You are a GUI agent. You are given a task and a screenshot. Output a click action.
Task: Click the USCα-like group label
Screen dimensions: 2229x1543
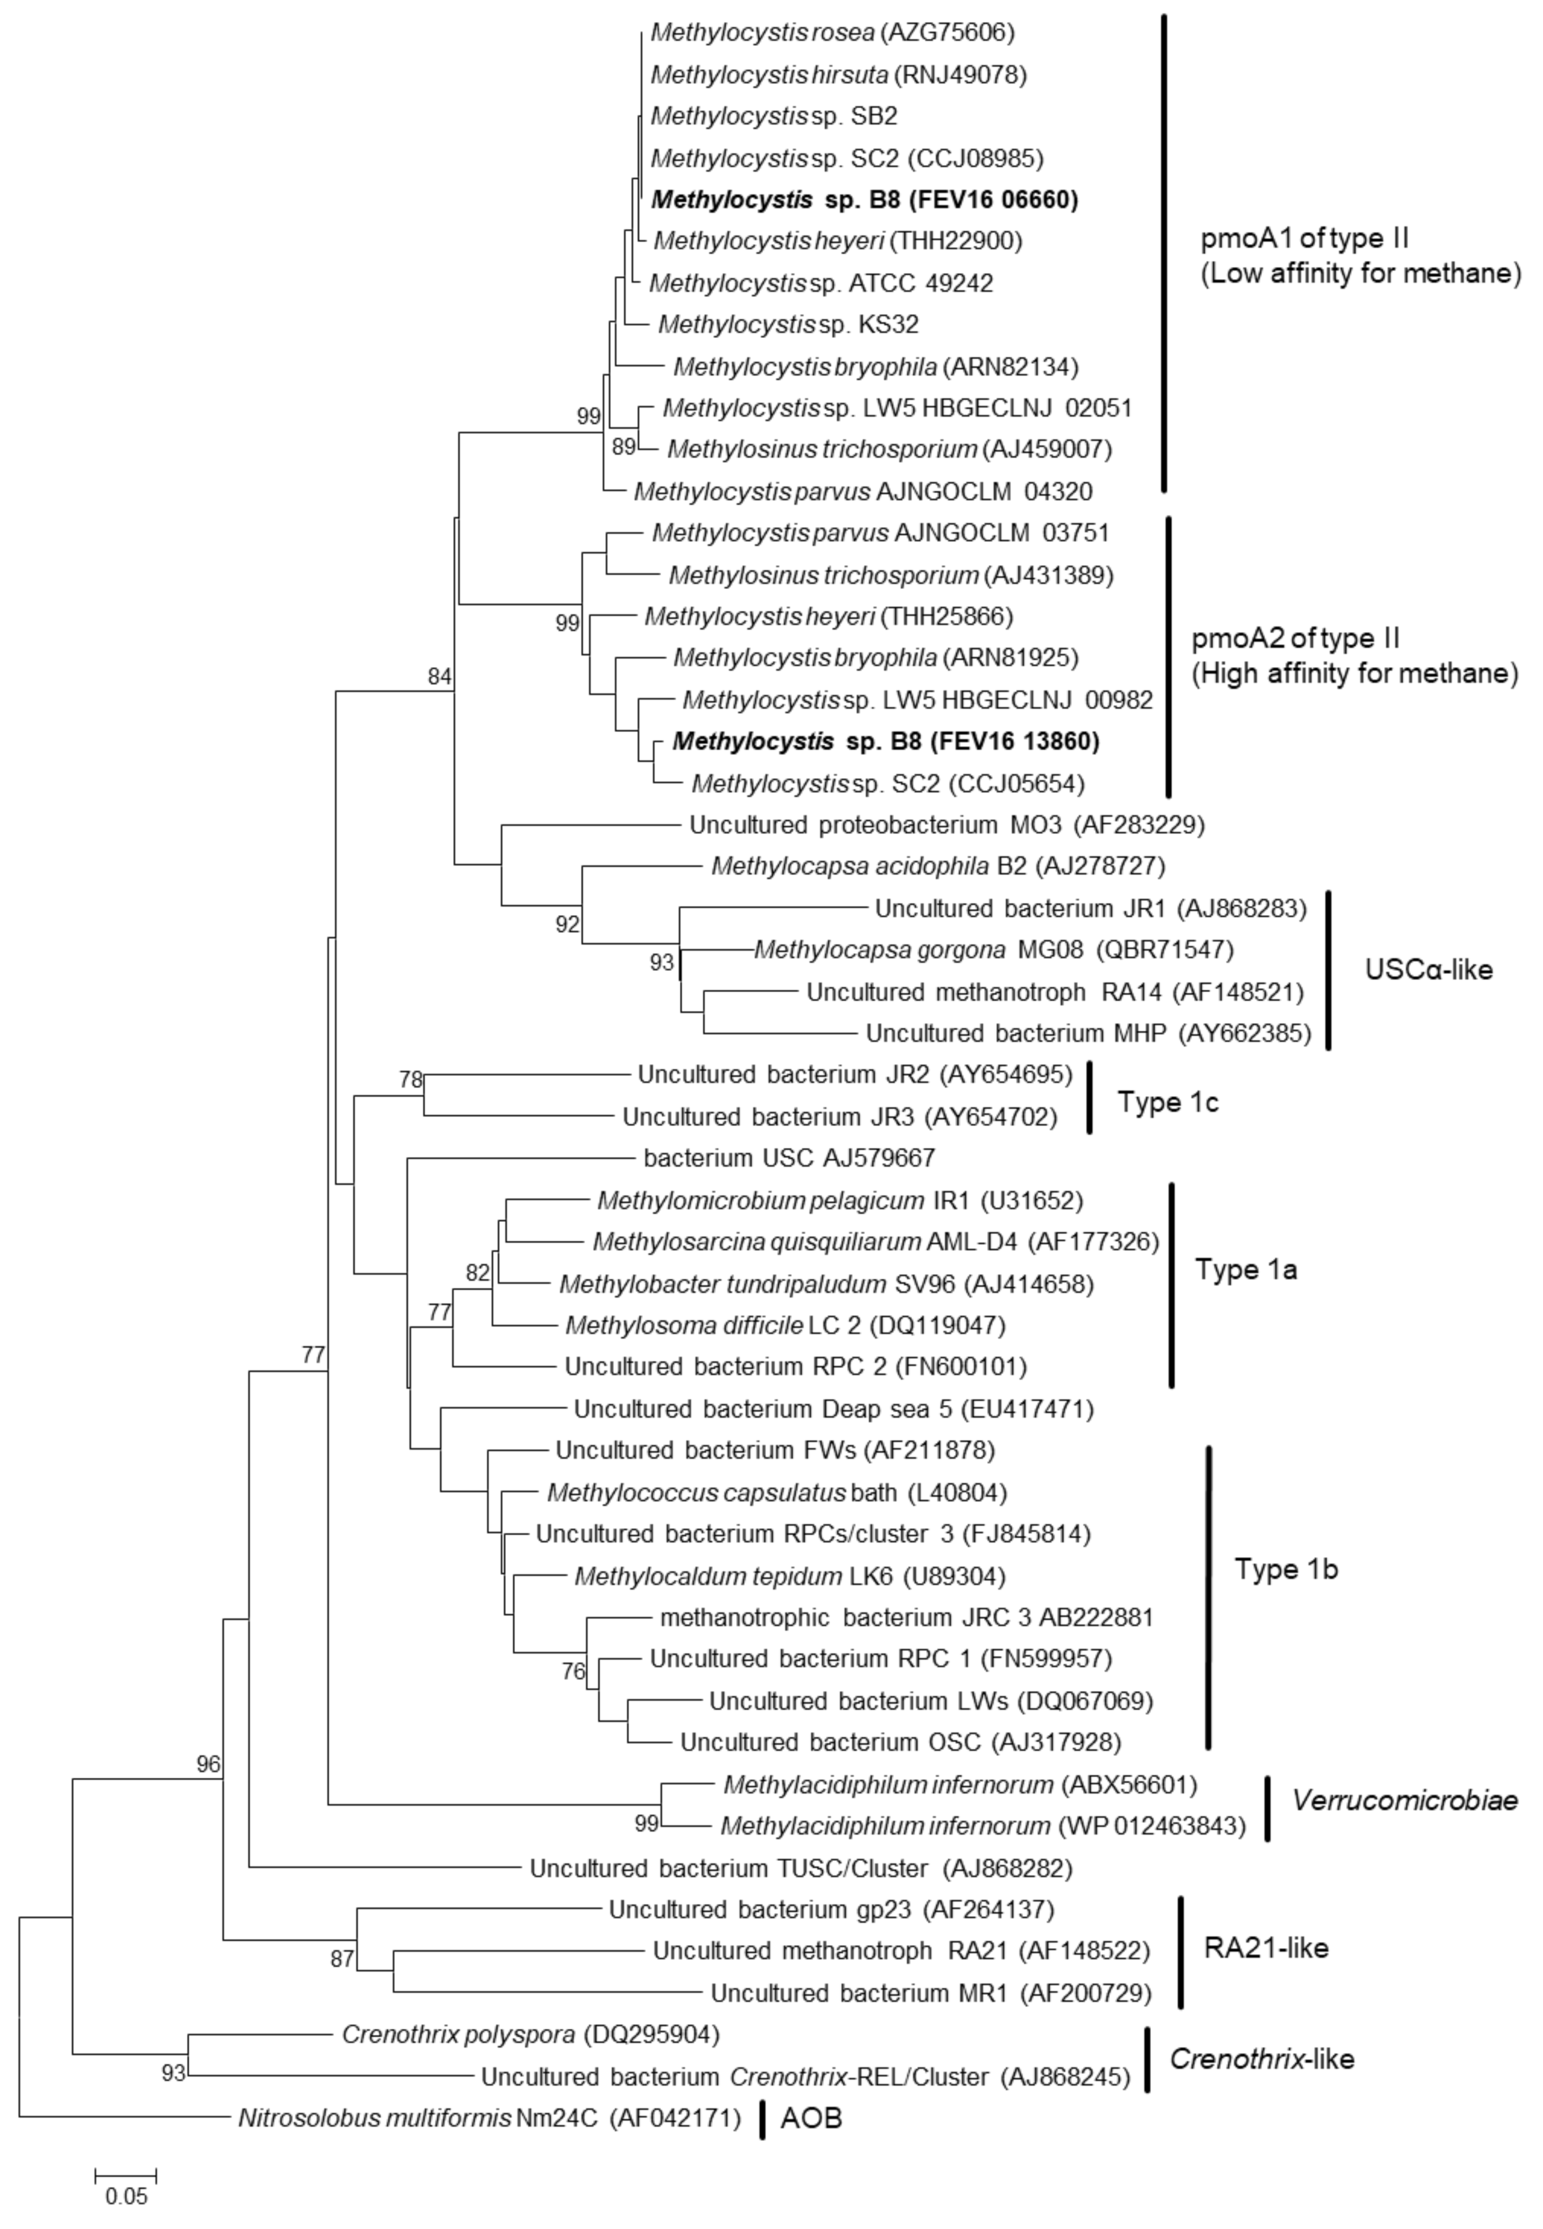click(x=1428, y=970)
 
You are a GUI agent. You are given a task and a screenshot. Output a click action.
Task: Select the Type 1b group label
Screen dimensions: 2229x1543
click(x=1286, y=1570)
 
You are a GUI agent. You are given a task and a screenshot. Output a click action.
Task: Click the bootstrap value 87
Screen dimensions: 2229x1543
click(x=342, y=1958)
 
